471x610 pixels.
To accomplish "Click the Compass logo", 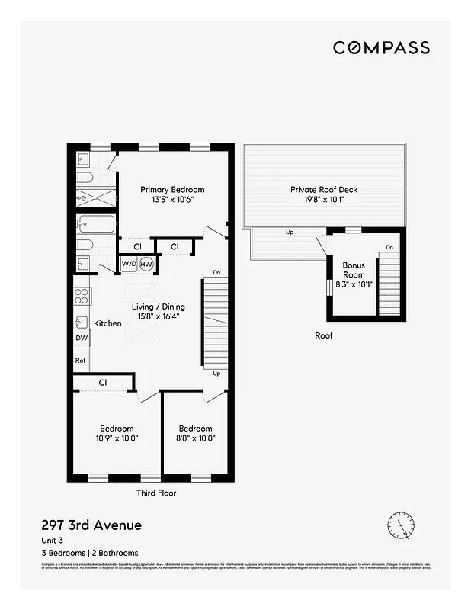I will pyautogui.click(x=381, y=47).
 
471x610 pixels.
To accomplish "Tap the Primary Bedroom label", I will pyautogui.click(x=172, y=190).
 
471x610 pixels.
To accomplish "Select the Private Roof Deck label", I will pyautogui.click(x=323, y=190).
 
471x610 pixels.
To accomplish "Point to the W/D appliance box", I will pyautogui.click(x=128, y=264).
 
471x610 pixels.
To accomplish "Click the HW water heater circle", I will pyautogui.click(x=146, y=264).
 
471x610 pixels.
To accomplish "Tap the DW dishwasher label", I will pyautogui.click(x=82, y=338).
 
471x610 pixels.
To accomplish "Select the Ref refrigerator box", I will pyautogui.click(x=81, y=360).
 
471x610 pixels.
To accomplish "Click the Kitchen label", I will pyautogui.click(x=108, y=323).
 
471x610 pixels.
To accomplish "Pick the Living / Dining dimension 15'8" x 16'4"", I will pyautogui.click(x=159, y=317).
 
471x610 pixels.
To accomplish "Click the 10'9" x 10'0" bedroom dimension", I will pyautogui.click(x=117, y=438).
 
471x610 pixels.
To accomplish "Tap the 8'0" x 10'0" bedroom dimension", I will pyautogui.click(x=195, y=438).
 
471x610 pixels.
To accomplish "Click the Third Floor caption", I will pyautogui.click(x=156, y=493).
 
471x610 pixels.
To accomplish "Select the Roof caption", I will pyautogui.click(x=324, y=335).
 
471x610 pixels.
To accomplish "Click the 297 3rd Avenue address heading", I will pyautogui.click(x=91, y=525).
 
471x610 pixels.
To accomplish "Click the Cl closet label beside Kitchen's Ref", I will pyautogui.click(x=102, y=382).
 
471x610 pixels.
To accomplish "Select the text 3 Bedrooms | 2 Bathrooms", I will pyautogui.click(x=90, y=552).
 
